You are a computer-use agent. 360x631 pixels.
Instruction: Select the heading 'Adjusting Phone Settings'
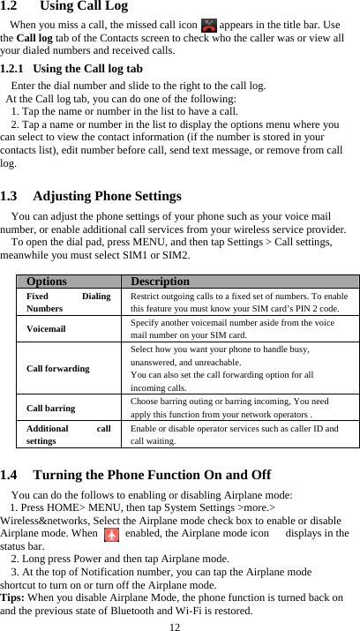pos(115,196)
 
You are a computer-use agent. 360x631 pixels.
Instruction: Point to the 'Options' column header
pos(46,282)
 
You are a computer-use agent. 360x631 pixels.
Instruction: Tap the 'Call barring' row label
pos(50,408)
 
